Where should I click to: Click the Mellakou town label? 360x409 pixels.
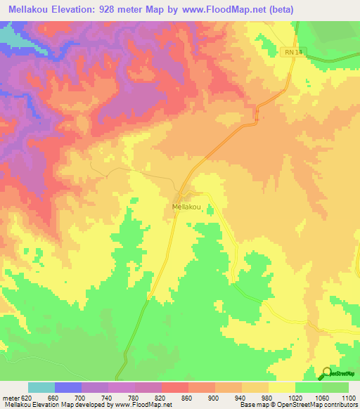tap(187, 207)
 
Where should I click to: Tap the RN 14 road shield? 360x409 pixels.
tap(290, 52)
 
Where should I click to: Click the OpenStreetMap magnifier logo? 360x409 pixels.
tap(328, 372)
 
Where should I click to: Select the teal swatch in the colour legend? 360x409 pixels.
tap(41, 387)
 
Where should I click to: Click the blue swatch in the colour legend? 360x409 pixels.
tap(68, 387)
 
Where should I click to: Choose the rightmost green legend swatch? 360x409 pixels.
tap(335, 387)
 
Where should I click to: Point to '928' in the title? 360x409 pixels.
tap(117, 9)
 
